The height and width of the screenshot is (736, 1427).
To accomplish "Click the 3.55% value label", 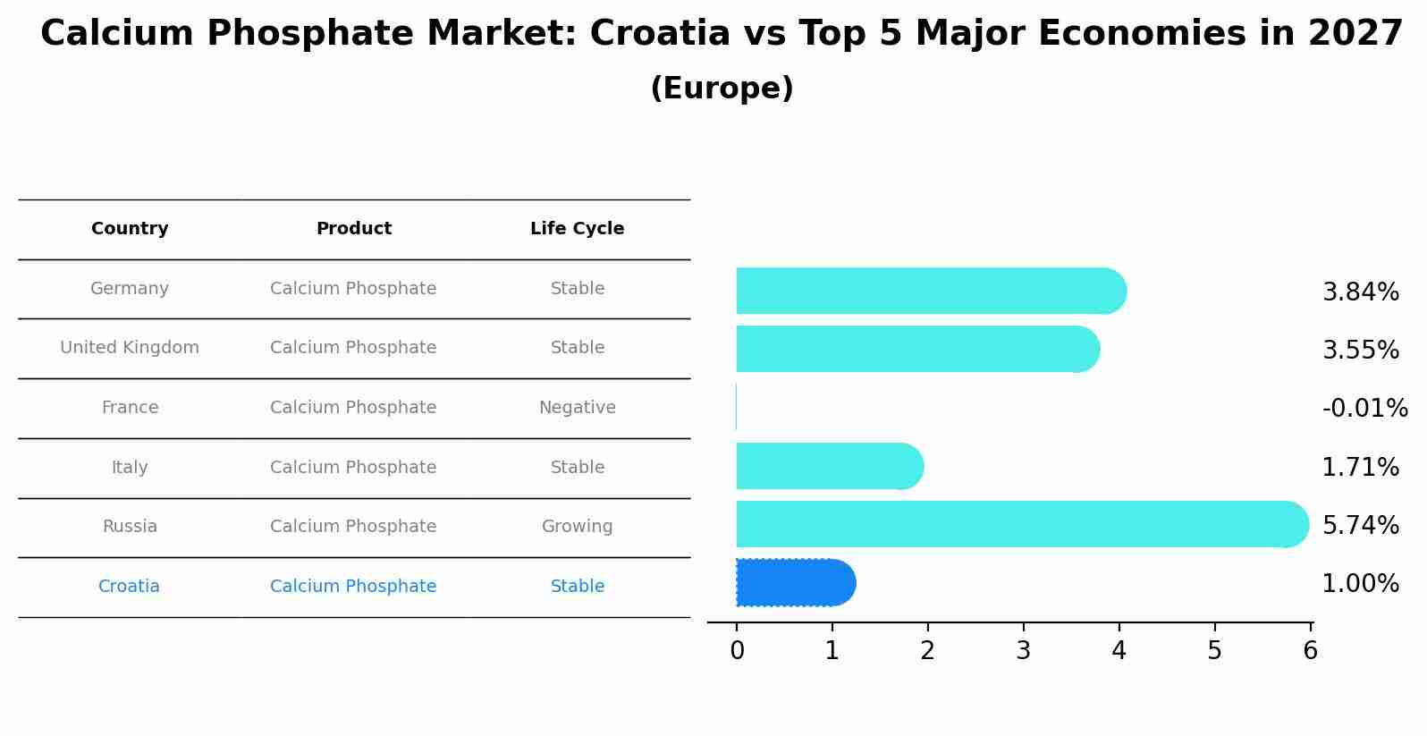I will click(x=1360, y=350).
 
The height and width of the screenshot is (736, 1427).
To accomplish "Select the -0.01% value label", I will click(x=1364, y=409).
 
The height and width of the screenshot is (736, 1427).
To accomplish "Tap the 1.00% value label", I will click(x=1360, y=584).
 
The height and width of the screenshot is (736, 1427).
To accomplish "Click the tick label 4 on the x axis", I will click(x=1119, y=651).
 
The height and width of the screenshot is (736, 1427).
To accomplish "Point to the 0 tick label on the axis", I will click(x=737, y=651).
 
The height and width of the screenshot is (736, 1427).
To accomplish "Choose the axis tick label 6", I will click(x=1310, y=651).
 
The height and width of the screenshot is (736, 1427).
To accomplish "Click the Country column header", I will click(x=130, y=229).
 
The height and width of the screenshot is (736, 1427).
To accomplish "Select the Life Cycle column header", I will click(x=577, y=229).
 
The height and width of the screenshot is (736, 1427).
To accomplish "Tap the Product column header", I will click(x=354, y=229).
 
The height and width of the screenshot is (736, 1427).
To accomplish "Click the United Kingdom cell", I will click(x=130, y=348).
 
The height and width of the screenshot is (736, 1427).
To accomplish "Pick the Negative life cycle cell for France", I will click(x=577, y=408).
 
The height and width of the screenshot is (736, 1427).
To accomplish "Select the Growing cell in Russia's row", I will click(x=577, y=527).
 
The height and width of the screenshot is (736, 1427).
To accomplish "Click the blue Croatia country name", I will click(x=129, y=587).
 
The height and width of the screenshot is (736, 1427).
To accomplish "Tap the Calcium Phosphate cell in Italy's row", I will click(x=353, y=468).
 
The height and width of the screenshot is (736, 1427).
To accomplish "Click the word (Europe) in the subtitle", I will click(x=722, y=89).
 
